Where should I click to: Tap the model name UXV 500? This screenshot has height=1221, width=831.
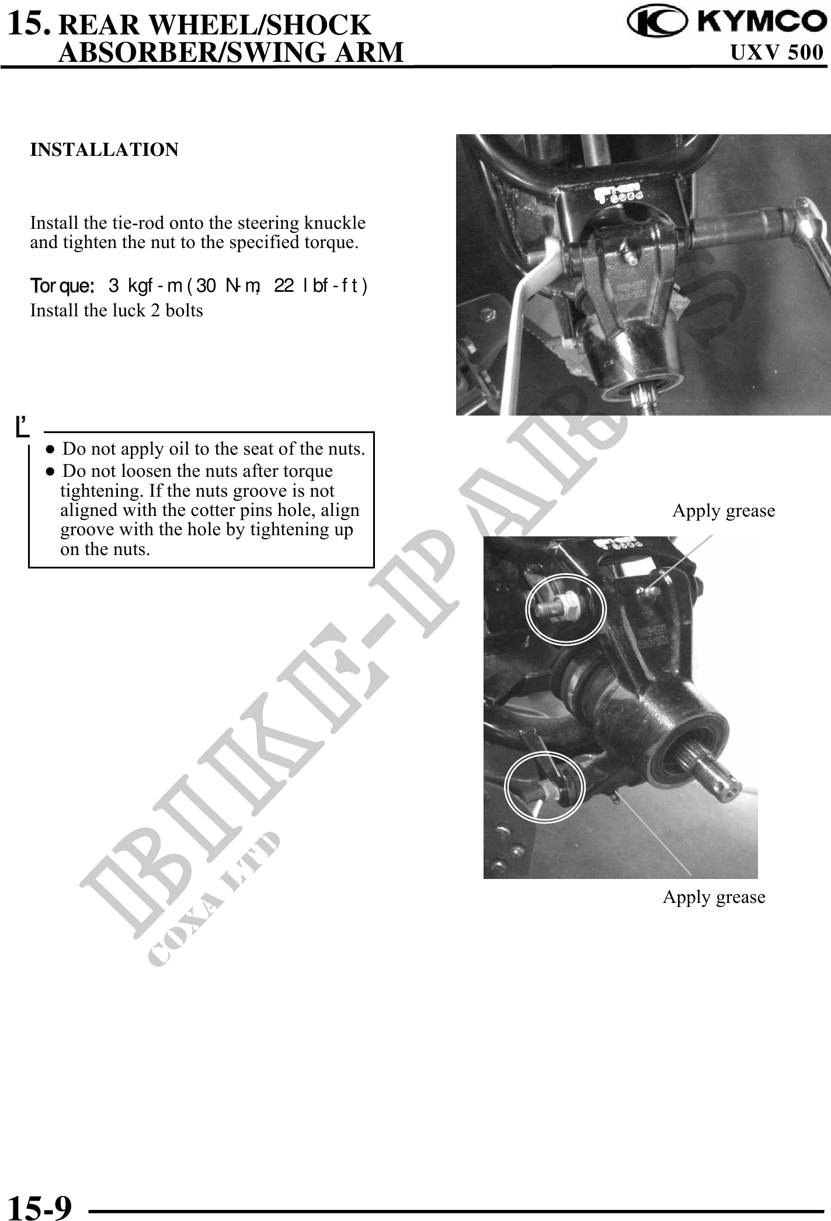(x=777, y=53)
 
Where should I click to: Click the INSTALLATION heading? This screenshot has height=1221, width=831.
(x=105, y=150)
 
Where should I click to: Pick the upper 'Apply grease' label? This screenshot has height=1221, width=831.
(x=724, y=511)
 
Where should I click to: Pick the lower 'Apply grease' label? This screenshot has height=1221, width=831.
(x=714, y=897)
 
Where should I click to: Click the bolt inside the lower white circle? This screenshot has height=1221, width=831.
(x=540, y=790)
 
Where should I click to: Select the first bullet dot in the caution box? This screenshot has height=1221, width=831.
(x=51, y=450)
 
